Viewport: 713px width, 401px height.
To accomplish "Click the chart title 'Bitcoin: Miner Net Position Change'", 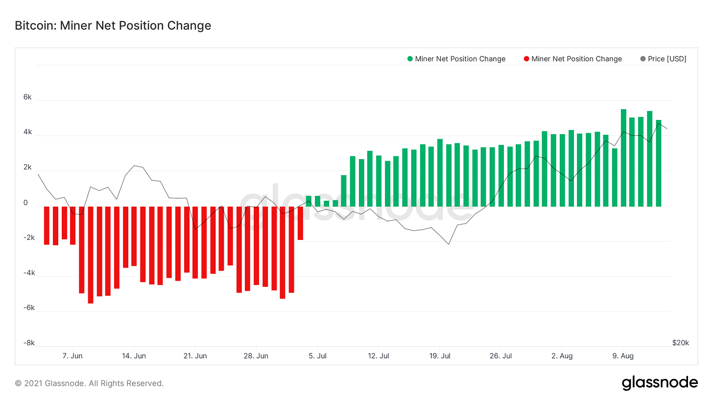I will pyautogui.click(x=113, y=25).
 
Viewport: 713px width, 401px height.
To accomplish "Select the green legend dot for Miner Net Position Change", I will pyautogui.click(x=410, y=59).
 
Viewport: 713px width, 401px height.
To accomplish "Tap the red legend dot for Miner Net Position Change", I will pyautogui.click(x=526, y=59).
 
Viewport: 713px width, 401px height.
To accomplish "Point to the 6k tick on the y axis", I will pyautogui.click(x=27, y=97).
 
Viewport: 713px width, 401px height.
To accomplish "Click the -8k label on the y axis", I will pyautogui.click(x=28, y=343).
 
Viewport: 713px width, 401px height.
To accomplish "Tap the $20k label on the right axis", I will pyautogui.click(x=680, y=343).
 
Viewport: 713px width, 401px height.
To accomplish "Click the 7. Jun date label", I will pyautogui.click(x=73, y=356).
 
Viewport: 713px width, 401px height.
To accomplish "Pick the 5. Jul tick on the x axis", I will pyautogui.click(x=318, y=356).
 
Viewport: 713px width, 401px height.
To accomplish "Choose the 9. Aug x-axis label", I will pyautogui.click(x=623, y=356).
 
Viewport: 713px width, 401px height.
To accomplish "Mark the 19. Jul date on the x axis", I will pyautogui.click(x=440, y=356).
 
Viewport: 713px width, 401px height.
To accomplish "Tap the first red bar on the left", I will pyautogui.click(x=47, y=225).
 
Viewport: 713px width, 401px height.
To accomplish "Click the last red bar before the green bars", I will pyautogui.click(x=300, y=223).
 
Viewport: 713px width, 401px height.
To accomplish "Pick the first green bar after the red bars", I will pyautogui.click(x=309, y=201).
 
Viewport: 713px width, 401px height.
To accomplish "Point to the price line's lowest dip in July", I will pyautogui.click(x=449, y=244).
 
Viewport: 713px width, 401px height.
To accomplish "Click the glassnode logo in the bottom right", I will pyautogui.click(x=660, y=383).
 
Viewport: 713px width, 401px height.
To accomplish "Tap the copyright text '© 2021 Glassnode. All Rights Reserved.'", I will pyautogui.click(x=89, y=383).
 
